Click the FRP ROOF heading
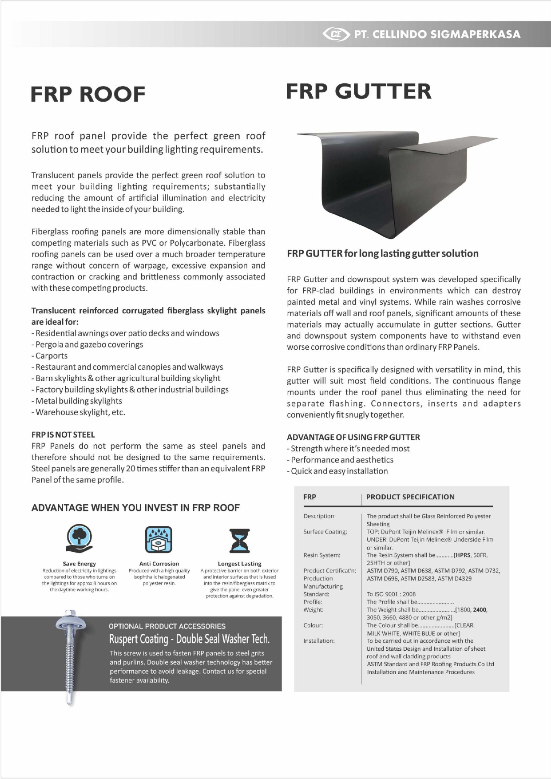coord(88,94)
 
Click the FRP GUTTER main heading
coord(358,91)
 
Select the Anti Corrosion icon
coord(159,540)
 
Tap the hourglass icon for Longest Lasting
coord(239,540)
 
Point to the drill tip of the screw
coord(70,699)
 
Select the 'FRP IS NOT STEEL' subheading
coord(63,435)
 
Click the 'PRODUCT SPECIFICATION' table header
coord(410,497)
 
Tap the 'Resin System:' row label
coord(322,555)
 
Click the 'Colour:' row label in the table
coord(313,625)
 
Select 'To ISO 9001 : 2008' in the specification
coord(391,594)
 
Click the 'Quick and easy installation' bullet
coord(339,471)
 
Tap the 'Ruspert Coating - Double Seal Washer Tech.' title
coord(190,639)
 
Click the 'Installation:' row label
coord(319,641)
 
